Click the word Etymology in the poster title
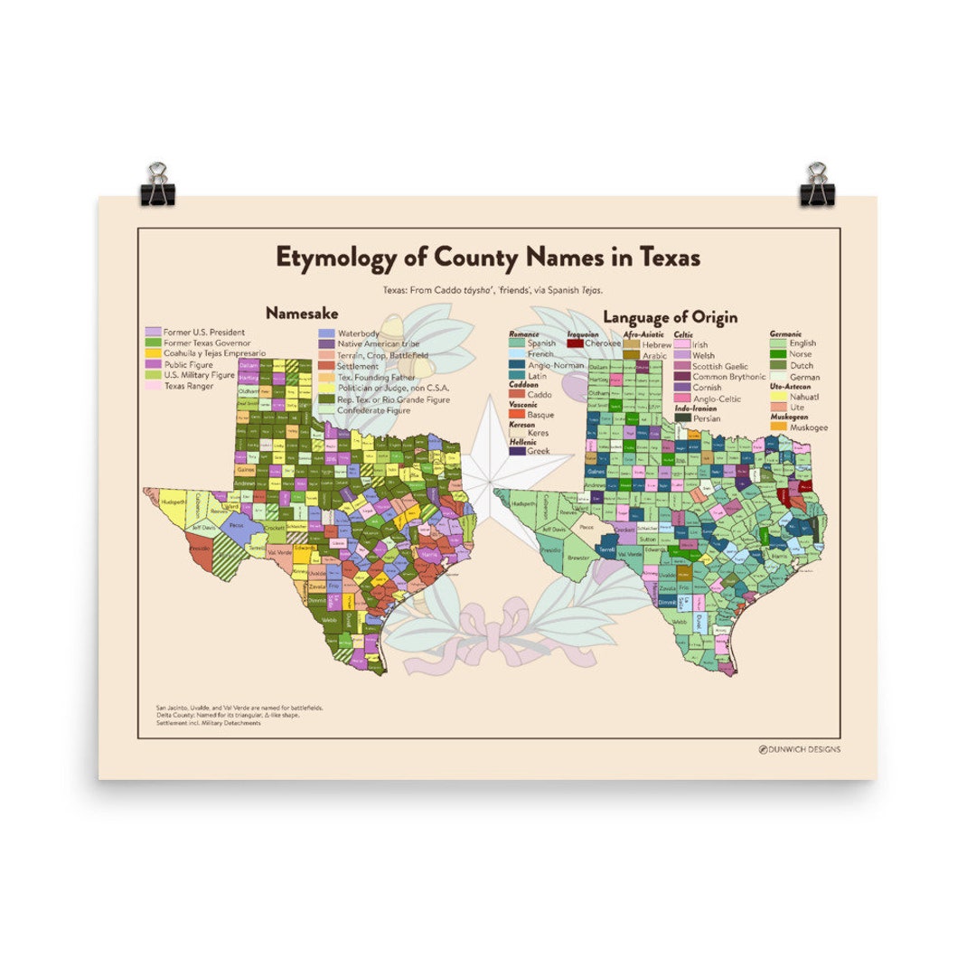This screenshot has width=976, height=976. [335, 258]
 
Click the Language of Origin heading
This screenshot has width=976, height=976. [670, 317]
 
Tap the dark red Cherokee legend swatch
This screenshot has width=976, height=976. [574, 343]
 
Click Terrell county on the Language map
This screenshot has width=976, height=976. [607, 549]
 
